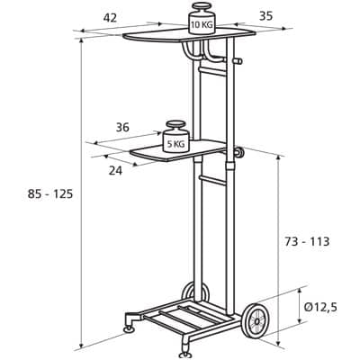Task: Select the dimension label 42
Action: click(110, 18)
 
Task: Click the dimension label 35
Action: click(265, 16)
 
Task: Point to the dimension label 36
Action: click(122, 127)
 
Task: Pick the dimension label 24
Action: click(115, 171)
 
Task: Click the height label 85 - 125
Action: click(50, 194)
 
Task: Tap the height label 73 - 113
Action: click(307, 241)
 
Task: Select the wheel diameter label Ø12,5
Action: click(320, 307)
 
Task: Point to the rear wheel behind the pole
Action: click(195, 292)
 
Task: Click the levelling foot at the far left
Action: click(130, 323)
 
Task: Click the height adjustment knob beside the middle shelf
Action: click(239, 152)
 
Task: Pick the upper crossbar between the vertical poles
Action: click(211, 71)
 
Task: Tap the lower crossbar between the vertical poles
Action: click(211, 180)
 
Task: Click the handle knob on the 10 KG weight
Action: click(202, 6)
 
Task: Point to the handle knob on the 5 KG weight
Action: click(175, 124)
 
